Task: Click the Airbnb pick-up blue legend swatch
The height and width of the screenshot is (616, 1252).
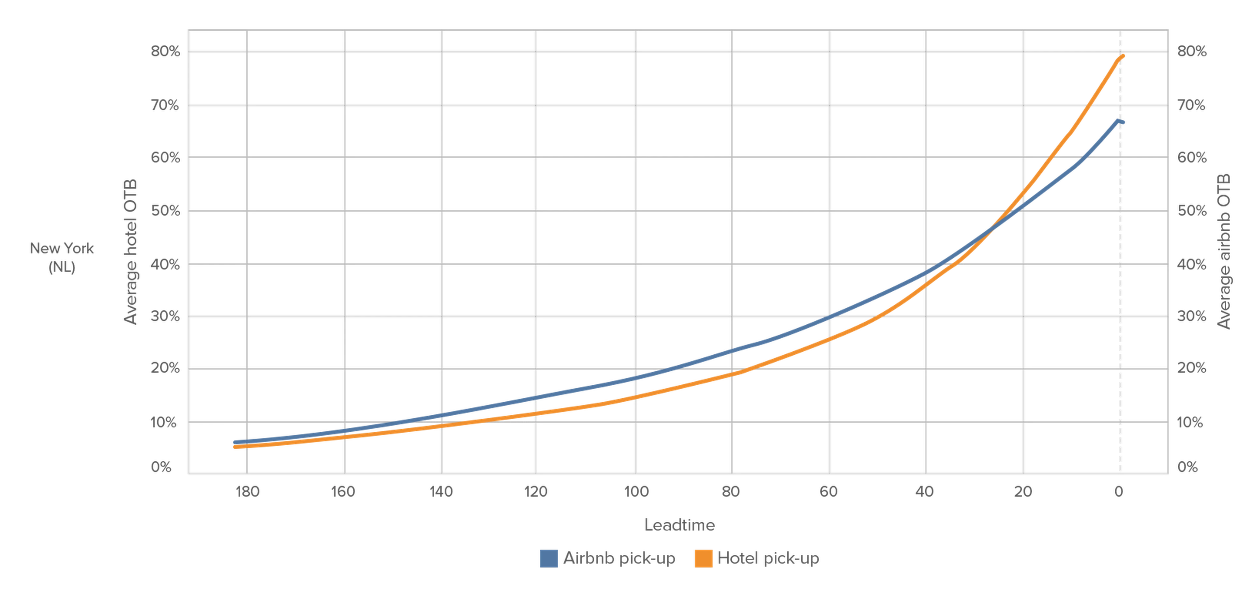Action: click(x=549, y=558)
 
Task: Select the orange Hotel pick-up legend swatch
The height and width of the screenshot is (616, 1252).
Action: click(x=703, y=558)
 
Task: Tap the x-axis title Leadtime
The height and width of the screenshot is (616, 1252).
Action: click(x=679, y=525)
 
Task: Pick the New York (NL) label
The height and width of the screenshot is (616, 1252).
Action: click(x=62, y=257)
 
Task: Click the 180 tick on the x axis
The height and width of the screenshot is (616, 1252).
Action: click(x=247, y=492)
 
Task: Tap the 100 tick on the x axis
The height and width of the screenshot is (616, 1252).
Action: click(x=636, y=492)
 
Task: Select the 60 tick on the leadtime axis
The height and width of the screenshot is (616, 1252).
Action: click(x=829, y=492)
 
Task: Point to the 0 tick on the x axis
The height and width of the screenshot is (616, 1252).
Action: click(x=1119, y=492)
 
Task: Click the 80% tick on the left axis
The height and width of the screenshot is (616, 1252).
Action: click(x=165, y=51)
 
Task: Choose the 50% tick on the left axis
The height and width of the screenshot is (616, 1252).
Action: click(x=165, y=210)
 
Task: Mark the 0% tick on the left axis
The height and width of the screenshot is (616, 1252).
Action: click(x=161, y=467)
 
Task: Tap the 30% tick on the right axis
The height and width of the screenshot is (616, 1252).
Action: click(x=1191, y=316)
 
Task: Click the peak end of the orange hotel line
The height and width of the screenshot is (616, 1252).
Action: click(x=1123, y=56)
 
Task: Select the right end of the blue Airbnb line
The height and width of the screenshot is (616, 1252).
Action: click(x=1123, y=122)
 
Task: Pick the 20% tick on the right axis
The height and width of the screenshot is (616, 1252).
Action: click(x=1191, y=368)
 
